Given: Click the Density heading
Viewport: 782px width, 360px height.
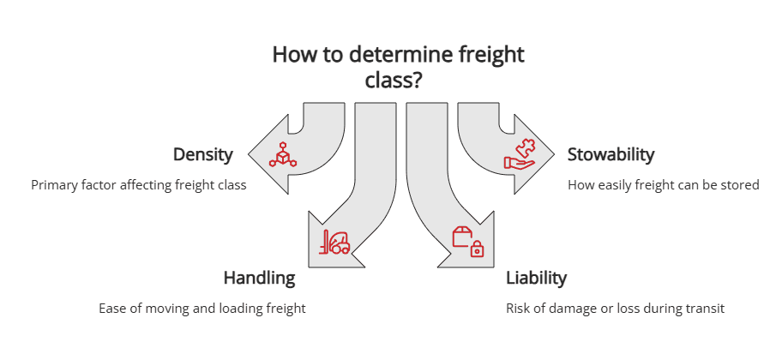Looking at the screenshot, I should pos(202,155).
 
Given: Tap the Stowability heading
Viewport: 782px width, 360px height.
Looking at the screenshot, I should pos(611,155).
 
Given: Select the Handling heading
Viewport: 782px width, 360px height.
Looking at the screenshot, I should pos(259,278).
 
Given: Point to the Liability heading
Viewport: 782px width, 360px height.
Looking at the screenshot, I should pos(536,278).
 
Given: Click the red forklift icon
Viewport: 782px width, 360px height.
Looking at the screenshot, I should pos(334,243).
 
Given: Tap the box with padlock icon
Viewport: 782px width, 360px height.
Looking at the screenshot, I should pos(468,242).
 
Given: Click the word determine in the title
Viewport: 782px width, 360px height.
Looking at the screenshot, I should pos(388,55).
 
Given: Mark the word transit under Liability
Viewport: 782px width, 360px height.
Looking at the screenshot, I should pos(705,309).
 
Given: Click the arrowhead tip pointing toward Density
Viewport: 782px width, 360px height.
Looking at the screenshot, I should pos(250,155).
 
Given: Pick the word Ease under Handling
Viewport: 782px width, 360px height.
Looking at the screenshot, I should pos(113,309).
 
